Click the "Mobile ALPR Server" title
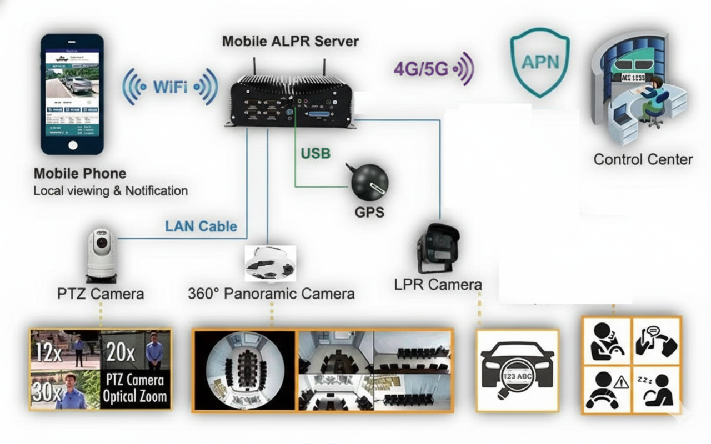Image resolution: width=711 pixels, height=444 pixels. (290, 41)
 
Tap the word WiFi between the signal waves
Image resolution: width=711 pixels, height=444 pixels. (170, 87)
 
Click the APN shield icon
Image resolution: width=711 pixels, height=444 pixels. (540, 62)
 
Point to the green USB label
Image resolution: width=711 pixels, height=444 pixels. (316, 153)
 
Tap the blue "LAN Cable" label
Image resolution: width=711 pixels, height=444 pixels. (201, 226)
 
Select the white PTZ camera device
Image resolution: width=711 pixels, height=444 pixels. (101, 255)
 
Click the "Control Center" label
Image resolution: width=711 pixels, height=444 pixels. (643, 160)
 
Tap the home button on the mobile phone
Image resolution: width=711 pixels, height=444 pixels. (72, 145)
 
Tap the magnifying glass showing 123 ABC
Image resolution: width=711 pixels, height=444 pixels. (516, 377)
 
